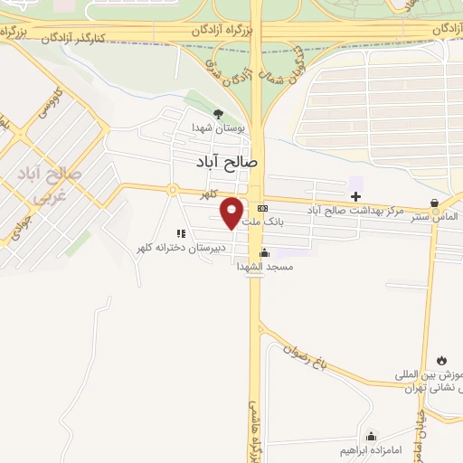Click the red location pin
click(232, 212)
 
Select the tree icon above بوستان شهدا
click(217, 114)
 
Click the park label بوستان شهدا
click(214, 128)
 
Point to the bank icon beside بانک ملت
click(263, 207)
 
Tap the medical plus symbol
click(356, 195)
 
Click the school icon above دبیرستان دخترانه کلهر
click(181, 233)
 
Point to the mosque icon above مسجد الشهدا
click(263, 253)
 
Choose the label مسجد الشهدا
click(263, 267)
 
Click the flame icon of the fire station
click(441, 360)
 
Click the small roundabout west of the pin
click(172, 190)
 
